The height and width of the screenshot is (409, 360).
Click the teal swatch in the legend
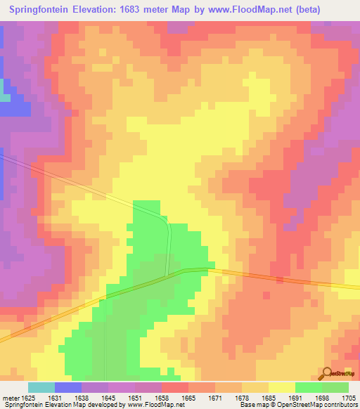(41, 387)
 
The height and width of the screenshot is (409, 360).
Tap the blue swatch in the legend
(67, 387)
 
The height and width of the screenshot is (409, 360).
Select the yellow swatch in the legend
(281, 387)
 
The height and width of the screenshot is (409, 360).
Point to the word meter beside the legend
(11, 398)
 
